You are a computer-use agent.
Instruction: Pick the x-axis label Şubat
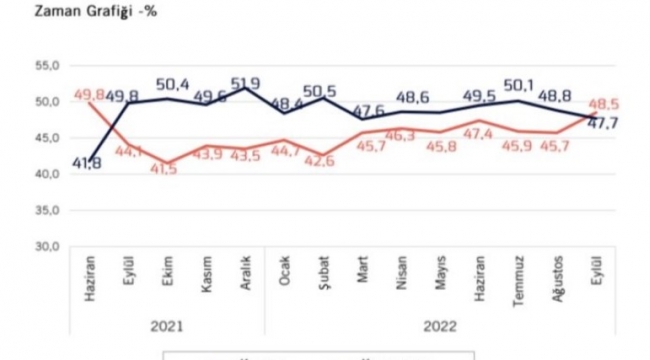pyautogui.click(x=322, y=272)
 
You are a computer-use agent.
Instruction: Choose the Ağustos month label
pyautogui.click(x=556, y=278)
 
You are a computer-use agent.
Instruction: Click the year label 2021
pyautogui.click(x=168, y=324)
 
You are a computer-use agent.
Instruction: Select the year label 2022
pyautogui.click(x=440, y=324)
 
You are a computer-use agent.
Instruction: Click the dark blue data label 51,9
pyautogui.click(x=246, y=83)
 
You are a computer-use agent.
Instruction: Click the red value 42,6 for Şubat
pyautogui.click(x=322, y=161)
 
